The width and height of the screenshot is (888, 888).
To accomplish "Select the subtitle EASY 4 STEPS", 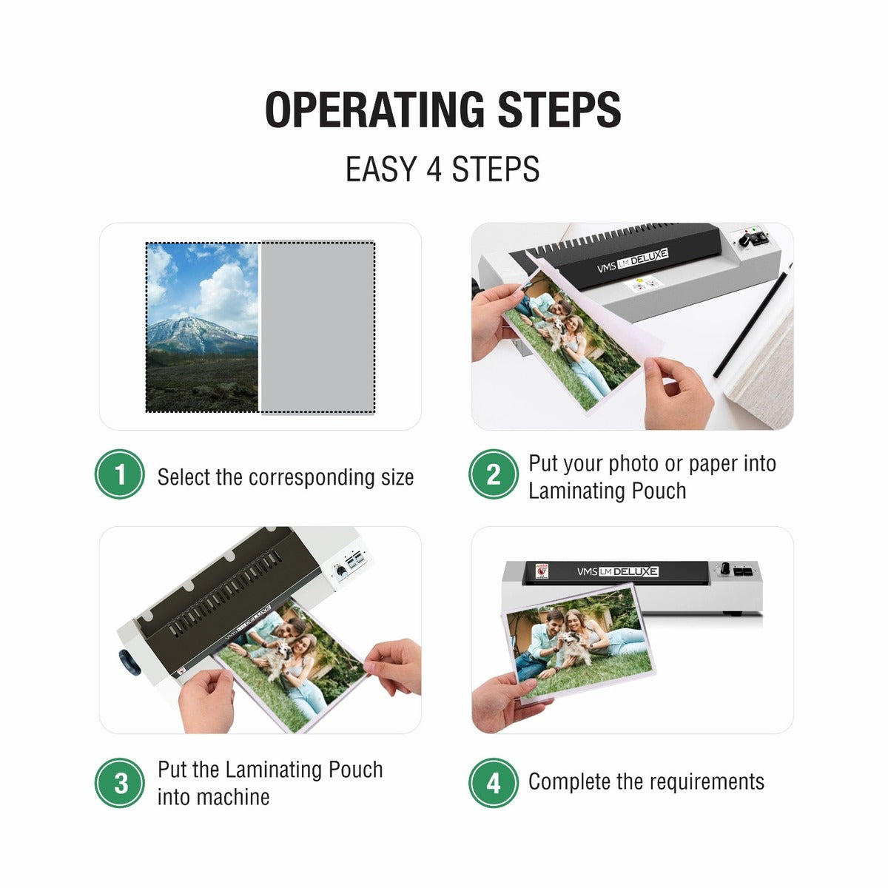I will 443,169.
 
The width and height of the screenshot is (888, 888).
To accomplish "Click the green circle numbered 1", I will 120,474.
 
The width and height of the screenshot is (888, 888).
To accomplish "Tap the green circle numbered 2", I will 494,474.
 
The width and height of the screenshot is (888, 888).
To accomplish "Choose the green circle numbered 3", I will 120,783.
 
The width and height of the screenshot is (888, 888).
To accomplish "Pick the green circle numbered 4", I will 494,783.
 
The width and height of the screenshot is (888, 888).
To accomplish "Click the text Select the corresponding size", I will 285,477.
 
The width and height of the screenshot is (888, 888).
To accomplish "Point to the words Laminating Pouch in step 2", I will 607,491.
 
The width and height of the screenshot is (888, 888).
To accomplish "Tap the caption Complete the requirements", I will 646,782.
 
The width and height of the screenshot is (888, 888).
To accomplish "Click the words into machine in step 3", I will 213,798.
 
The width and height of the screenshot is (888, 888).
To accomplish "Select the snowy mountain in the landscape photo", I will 196,333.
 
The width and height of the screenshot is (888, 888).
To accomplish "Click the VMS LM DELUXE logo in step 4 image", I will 617,571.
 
